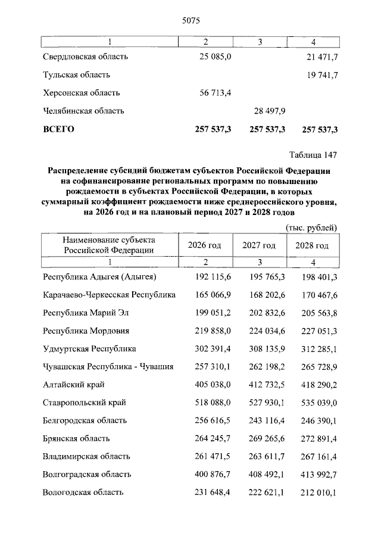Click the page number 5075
(x=189, y=20)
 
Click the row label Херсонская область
(x=82, y=93)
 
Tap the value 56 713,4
(x=215, y=93)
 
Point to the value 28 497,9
(x=267, y=111)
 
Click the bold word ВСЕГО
(x=58, y=129)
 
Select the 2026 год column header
(x=205, y=245)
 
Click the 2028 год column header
(x=313, y=245)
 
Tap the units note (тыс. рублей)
(x=311, y=228)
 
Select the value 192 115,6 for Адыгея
(x=213, y=277)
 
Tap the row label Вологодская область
(x=83, y=493)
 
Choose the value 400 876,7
(x=213, y=475)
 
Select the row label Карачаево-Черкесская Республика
(x=110, y=295)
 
